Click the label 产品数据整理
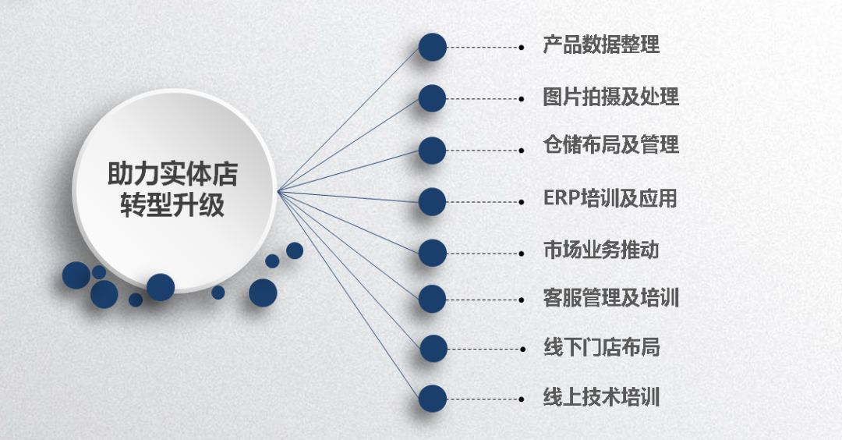click(601, 45)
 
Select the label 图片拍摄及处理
click(610, 97)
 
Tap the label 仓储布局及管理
click(610, 146)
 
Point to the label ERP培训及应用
click(610, 198)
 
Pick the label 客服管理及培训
click(610, 297)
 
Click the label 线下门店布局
click(601, 346)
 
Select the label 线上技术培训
click(601, 397)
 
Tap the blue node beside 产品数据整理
click(432, 47)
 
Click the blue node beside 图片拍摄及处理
click(432, 98)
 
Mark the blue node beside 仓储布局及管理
click(432, 151)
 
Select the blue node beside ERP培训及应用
click(432, 202)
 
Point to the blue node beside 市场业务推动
click(432, 253)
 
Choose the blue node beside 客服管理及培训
click(432, 298)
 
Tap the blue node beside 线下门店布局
click(432, 348)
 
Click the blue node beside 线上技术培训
click(432, 398)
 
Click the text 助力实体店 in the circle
click(173, 174)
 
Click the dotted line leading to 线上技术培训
click(483, 398)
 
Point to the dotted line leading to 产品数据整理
click(483, 47)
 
